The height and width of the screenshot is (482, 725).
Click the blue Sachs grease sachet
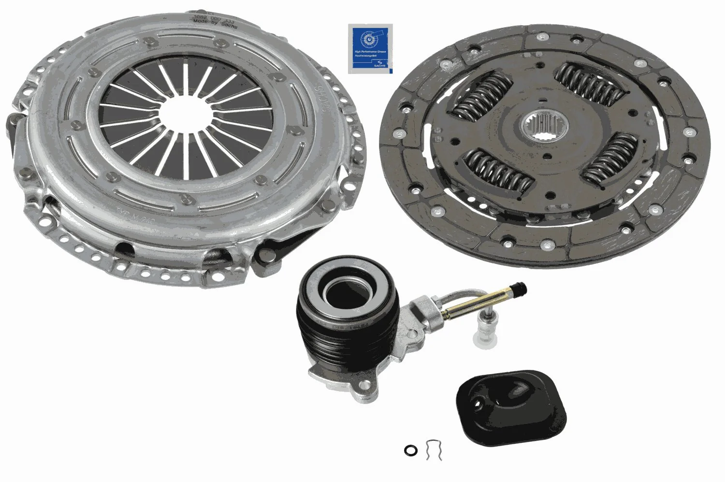370,49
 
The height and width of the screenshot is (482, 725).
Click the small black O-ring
410,451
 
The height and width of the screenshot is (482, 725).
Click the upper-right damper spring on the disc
589,84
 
